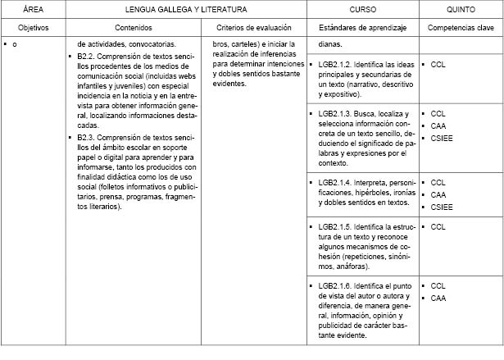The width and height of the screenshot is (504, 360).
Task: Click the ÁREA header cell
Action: [x=34, y=9]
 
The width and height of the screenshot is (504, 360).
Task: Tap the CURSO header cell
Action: [x=363, y=9]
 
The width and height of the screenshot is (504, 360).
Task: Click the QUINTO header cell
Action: [x=461, y=9]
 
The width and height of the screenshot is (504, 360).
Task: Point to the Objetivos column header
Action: [x=34, y=27]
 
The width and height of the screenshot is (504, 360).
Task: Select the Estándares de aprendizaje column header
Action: [x=363, y=27]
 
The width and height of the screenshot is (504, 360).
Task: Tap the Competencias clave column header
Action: [x=461, y=27]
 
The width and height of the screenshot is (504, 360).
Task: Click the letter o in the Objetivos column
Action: [x=15, y=43]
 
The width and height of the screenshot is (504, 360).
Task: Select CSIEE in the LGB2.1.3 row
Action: [x=440, y=138]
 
